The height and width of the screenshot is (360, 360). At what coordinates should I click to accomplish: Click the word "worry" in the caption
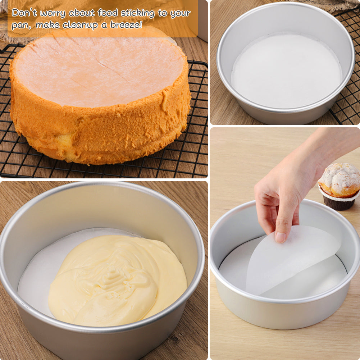pyautogui.click(x=53, y=13)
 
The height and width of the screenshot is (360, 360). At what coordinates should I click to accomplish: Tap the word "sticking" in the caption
pyautogui.click(x=137, y=13)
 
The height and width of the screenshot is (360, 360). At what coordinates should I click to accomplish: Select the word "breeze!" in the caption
pyautogui.click(x=126, y=24)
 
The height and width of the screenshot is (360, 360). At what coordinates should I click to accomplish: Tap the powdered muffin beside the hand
pyautogui.click(x=340, y=186)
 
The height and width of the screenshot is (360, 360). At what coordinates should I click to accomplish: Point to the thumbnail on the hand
pyautogui.click(x=280, y=237)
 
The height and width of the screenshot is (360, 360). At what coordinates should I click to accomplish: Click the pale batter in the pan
pyautogui.click(x=118, y=280)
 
